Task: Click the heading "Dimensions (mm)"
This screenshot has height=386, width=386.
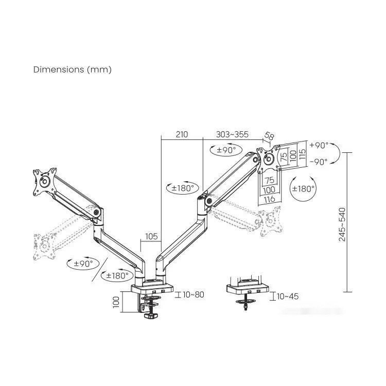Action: (x=73, y=69)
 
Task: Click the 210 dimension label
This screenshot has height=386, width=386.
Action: (x=182, y=134)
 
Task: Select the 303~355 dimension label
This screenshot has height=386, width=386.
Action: (x=233, y=134)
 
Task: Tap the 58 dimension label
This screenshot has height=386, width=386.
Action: (x=269, y=136)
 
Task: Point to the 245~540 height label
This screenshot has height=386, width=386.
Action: (x=342, y=224)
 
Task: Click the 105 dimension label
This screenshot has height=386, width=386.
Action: (x=151, y=236)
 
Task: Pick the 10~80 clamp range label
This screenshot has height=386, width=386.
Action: (x=194, y=294)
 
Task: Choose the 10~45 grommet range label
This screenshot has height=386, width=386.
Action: (x=288, y=296)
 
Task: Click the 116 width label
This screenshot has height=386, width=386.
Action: (x=269, y=199)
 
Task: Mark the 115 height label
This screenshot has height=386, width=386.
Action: (x=302, y=154)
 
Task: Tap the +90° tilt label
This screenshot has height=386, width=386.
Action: (x=319, y=145)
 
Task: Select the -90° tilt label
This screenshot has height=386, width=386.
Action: (x=319, y=162)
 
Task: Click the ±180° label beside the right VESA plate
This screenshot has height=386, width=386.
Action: (x=303, y=189)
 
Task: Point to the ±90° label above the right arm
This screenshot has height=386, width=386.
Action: (x=226, y=150)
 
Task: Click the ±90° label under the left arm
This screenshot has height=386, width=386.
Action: (x=83, y=264)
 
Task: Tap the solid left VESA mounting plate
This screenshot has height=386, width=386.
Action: (x=45, y=182)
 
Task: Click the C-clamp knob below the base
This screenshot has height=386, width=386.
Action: (x=151, y=315)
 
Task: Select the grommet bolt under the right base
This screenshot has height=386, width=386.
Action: (x=246, y=304)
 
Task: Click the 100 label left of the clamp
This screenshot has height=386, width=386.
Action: (x=116, y=302)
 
